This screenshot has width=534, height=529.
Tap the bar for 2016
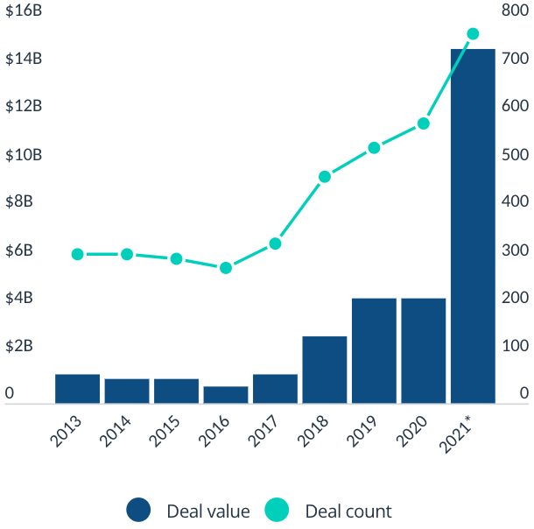coord(226,394)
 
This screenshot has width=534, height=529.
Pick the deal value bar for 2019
coord(374,350)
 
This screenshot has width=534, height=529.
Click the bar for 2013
coord(77,389)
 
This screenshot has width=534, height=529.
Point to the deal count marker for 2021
coord(473,34)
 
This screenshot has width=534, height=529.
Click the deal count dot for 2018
coord(325,177)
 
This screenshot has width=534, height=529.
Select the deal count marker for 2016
coord(226,268)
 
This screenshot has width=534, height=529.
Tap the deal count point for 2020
coord(424,123)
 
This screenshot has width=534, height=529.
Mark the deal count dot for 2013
coord(77,255)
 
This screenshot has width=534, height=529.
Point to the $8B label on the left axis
coord(19,201)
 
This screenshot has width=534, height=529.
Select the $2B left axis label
coord(19,345)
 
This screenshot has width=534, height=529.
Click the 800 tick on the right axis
coord(513,11)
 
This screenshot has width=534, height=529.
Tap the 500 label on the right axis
coord(513,154)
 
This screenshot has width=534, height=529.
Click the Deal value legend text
coord(208,511)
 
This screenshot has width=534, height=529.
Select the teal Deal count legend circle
coord(278,511)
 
